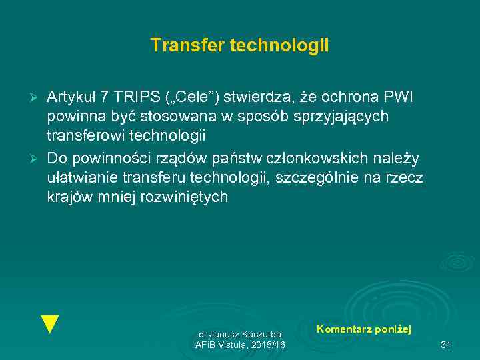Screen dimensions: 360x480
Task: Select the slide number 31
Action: coord(446,345)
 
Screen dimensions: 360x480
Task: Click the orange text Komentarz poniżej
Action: coord(363,329)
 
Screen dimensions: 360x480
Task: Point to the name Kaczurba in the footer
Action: coord(261,333)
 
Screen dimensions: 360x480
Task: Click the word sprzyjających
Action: coord(342,117)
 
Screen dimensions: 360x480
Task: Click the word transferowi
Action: coord(87,137)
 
